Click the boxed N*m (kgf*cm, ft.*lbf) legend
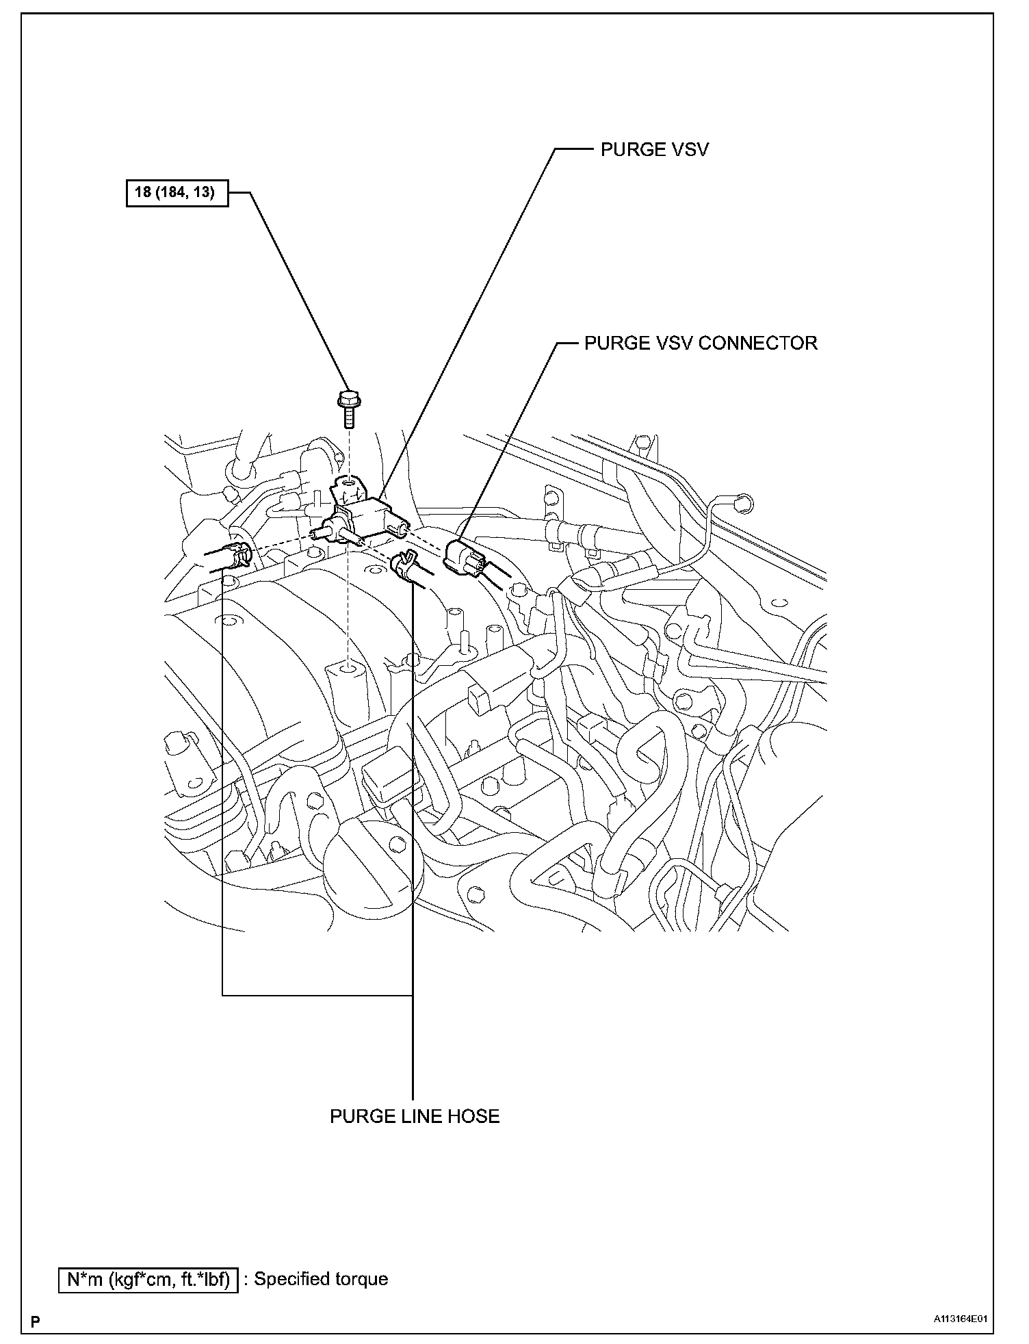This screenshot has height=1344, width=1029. pyautogui.click(x=148, y=1279)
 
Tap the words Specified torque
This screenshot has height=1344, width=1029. pyautogui.click(x=321, y=1279)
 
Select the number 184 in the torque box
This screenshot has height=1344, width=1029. pyautogui.click(x=168, y=192)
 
